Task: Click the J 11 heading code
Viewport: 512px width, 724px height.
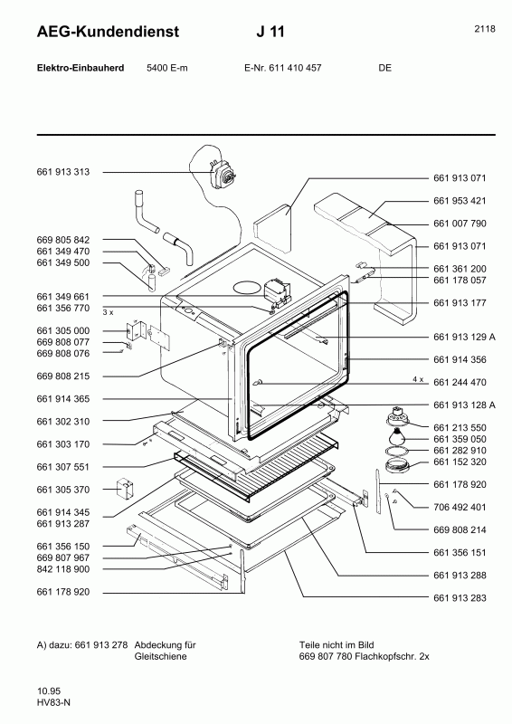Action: coord(270,33)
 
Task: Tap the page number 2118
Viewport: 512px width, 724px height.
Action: coord(484,29)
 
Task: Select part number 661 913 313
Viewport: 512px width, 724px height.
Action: coord(64,172)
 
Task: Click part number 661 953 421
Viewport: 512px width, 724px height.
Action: coord(460,200)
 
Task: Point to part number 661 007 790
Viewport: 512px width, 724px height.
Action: coord(460,223)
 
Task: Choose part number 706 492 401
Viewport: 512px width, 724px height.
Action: coord(460,507)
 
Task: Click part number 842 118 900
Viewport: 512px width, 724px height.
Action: coord(64,569)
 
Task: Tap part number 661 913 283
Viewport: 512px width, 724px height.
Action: coord(460,597)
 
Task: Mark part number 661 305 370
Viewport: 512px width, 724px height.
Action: coord(64,490)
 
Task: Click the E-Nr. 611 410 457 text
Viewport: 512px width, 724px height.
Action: coord(283,68)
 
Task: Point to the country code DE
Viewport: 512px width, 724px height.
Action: coord(385,68)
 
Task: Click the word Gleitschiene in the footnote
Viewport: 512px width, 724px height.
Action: coord(160,656)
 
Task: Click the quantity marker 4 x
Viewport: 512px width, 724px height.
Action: coord(418,377)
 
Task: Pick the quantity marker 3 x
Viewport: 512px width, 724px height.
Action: coord(108,310)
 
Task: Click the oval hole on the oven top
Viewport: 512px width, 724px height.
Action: coord(246,288)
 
